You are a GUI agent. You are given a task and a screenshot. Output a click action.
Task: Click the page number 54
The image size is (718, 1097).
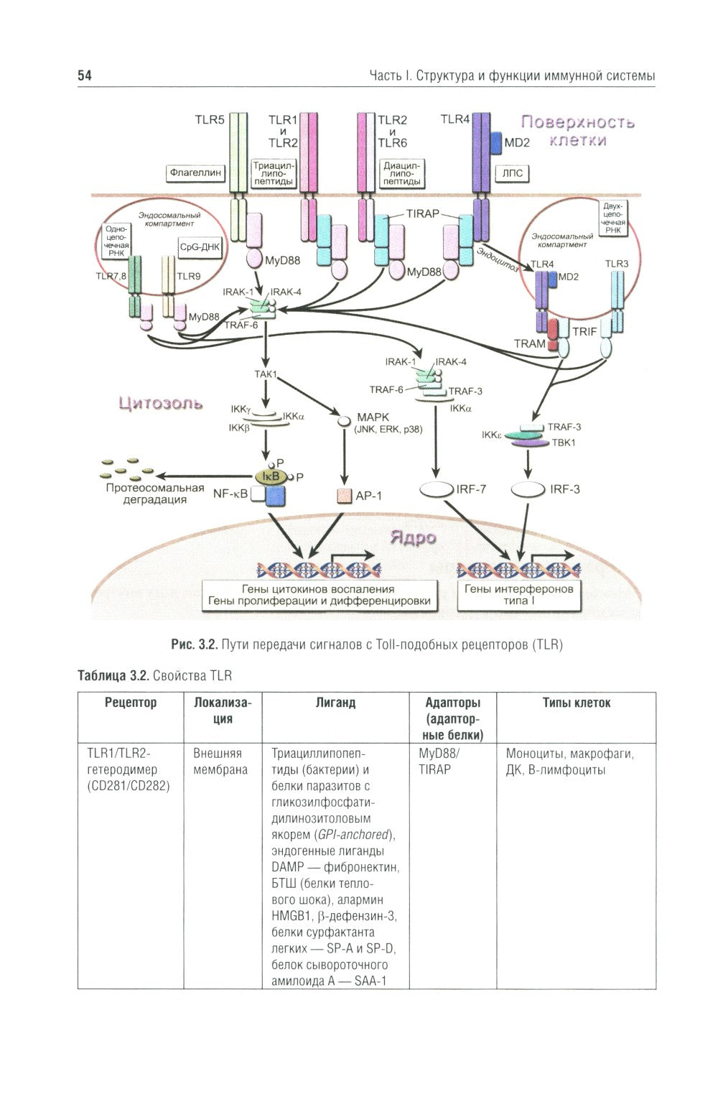[85, 75]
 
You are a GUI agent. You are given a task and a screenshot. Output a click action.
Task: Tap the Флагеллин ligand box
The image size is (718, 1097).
[195, 172]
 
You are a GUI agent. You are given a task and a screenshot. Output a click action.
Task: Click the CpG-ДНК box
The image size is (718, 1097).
[200, 246]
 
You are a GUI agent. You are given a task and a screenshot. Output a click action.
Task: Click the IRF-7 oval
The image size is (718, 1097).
[437, 490]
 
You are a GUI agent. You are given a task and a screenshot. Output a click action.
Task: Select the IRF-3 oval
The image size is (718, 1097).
[528, 490]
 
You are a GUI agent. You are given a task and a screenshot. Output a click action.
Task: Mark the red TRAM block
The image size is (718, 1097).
[554, 334]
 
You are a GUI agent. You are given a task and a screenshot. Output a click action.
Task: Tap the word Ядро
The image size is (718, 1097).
[412, 537]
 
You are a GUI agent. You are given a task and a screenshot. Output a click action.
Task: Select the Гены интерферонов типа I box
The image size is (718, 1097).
[519, 595]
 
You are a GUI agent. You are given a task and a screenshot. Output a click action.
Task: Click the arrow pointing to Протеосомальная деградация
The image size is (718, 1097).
[205, 476]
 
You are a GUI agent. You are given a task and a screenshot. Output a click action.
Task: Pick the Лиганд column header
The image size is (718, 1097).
[335, 703]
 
